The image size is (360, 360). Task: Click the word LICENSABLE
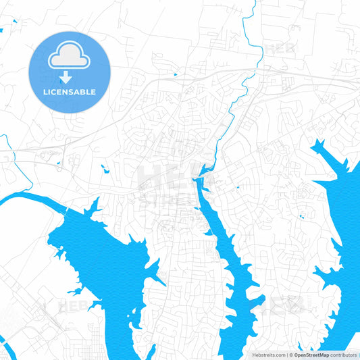coord(69,92)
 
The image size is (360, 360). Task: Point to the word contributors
coord(344,355)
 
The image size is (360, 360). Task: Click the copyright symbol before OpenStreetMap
coord(291,355)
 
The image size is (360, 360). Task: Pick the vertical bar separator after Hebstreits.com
coord(286,355)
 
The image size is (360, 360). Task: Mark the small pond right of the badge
coord(175,74)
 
